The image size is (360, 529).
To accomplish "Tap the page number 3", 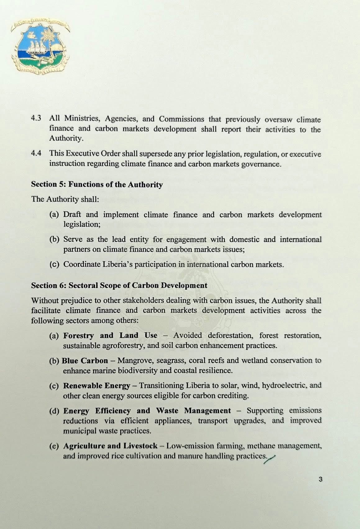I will (321, 479).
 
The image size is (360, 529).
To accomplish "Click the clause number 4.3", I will (36, 118).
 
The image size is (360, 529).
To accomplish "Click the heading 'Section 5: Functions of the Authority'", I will (97, 184).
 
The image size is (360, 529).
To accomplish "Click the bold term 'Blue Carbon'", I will (85, 361).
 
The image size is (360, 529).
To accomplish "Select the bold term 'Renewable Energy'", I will (97, 386).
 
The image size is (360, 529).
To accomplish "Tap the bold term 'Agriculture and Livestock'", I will (110, 446).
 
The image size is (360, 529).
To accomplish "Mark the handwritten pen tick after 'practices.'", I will (270, 458).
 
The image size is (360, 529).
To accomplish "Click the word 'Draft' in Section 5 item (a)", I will (72, 215).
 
